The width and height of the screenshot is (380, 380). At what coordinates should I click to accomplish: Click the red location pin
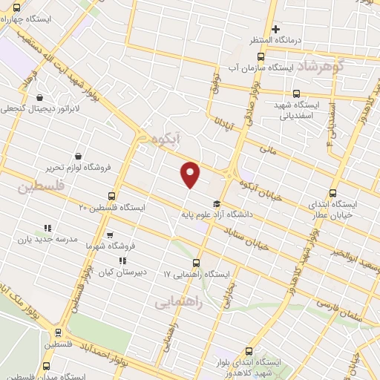pyautogui.click(x=191, y=174)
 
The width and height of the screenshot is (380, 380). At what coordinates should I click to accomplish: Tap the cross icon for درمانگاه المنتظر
pyautogui.click(x=275, y=30)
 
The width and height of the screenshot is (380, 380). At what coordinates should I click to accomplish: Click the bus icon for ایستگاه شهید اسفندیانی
pyautogui.click(x=296, y=94)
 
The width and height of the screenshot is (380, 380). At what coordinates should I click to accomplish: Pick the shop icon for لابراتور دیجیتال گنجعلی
pyautogui.click(x=39, y=96)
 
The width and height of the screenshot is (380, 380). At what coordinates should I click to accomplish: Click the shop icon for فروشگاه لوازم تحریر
pyautogui.click(x=78, y=156)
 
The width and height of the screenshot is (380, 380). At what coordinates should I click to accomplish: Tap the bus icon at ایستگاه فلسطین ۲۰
pyautogui.click(x=111, y=197)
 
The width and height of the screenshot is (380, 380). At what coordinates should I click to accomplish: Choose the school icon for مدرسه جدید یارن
pyautogui.click(x=48, y=229)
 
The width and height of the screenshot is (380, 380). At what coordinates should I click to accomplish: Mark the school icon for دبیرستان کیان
pyautogui.click(x=123, y=261)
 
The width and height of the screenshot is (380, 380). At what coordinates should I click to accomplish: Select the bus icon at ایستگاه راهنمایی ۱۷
pyautogui.click(x=197, y=263)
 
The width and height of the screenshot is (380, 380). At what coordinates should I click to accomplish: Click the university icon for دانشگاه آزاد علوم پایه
pyautogui.click(x=216, y=204)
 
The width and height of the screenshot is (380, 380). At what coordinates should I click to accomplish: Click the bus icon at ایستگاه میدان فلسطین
pyautogui.click(x=47, y=366)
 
